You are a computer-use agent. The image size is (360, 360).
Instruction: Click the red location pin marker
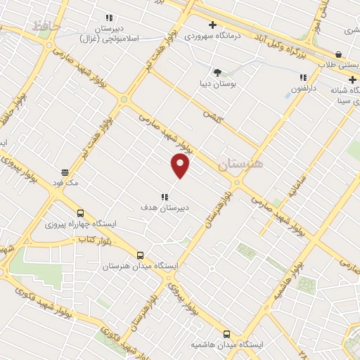[x=181, y=165]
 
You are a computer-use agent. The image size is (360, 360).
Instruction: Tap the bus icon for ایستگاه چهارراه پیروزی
[x=80, y=213]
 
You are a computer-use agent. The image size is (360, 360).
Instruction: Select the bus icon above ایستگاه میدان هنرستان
[x=140, y=255]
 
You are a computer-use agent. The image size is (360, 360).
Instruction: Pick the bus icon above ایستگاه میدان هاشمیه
[x=226, y=335]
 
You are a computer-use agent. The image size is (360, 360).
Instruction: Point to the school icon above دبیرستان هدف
[x=164, y=198]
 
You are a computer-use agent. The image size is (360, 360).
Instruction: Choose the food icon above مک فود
[x=64, y=172]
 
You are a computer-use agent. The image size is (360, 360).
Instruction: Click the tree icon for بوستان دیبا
[x=217, y=72]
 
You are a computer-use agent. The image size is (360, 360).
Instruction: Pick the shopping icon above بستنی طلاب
[x=338, y=54]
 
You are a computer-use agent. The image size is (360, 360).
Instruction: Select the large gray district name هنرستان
[x=240, y=164]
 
